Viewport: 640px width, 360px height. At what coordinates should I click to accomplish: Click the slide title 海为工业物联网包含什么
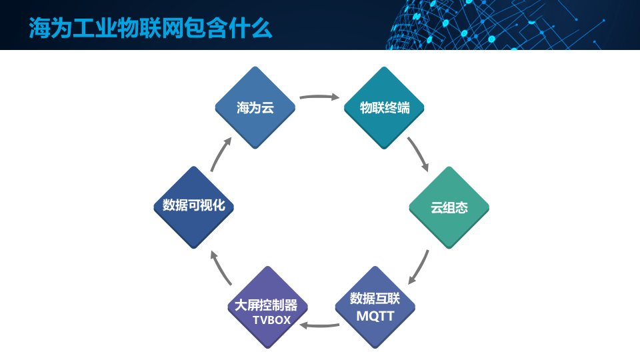point(150,29)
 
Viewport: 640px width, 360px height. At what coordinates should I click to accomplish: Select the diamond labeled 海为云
point(255,107)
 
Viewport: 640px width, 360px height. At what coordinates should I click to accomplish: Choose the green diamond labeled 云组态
point(449,207)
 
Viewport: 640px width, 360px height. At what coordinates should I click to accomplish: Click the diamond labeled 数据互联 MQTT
point(375,307)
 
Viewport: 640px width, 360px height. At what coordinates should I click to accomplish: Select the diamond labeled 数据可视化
point(194,207)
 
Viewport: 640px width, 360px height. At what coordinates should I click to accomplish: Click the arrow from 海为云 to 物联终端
point(319,97)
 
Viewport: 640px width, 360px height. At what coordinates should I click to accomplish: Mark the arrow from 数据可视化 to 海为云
point(221,154)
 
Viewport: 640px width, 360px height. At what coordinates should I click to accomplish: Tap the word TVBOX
point(272,321)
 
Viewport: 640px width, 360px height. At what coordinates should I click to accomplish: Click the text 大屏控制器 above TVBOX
point(271,306)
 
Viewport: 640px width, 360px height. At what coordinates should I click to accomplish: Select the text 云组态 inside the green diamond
point(449,207)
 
